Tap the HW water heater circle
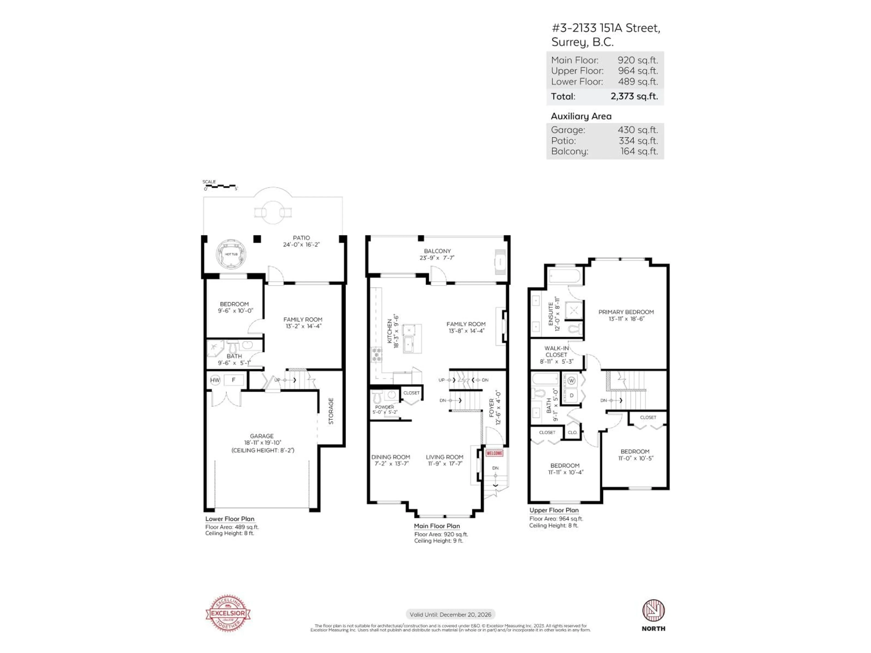tap(215, 380)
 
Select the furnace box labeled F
tap(233, 380)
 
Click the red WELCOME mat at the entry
tap(494, 453)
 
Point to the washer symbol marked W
tap(571, 381)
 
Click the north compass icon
tap(653, 611)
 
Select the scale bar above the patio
tap(220, 186)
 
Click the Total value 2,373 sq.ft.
tap(634, 96)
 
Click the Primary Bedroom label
tap(626, 312)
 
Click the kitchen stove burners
tap(377, 355)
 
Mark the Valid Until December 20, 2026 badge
tap(450, 614)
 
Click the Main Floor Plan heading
tap(437, 526)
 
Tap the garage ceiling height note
tap(263, 450)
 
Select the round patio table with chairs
tap(273, 212)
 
